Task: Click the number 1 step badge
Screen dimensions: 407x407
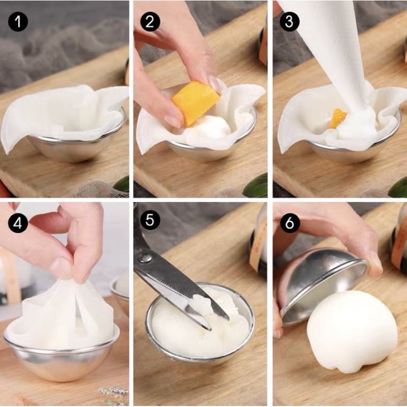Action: point(18,21)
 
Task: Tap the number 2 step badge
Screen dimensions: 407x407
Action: point(150,21)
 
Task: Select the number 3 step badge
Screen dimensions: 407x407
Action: point(289,21)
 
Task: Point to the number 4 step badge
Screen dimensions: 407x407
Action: point(18,223)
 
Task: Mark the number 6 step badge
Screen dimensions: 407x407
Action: point(289,223)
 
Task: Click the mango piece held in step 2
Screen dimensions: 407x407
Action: point(194,103)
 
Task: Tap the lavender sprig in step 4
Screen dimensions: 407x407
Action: point(113,392)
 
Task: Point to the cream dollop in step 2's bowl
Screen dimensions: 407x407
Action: point(210,130)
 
